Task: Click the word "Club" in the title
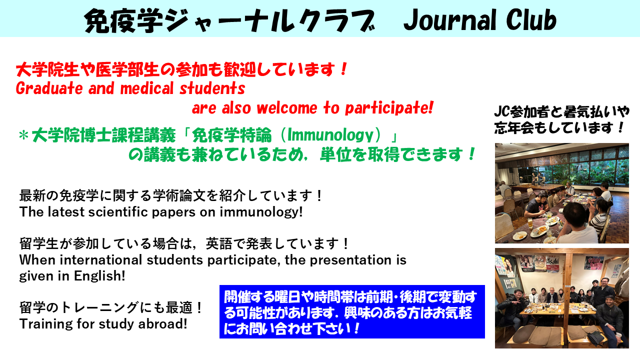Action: (x=531, y=19)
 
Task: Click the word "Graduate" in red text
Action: (x=49, y=88)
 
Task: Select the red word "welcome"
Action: (x=287, y=108)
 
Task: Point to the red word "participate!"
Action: (x=389, y=108)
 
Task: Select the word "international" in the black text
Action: (x=101, y=260)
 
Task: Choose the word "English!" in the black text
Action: (x=99, y=276)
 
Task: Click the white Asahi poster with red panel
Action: (x=551, y=263)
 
